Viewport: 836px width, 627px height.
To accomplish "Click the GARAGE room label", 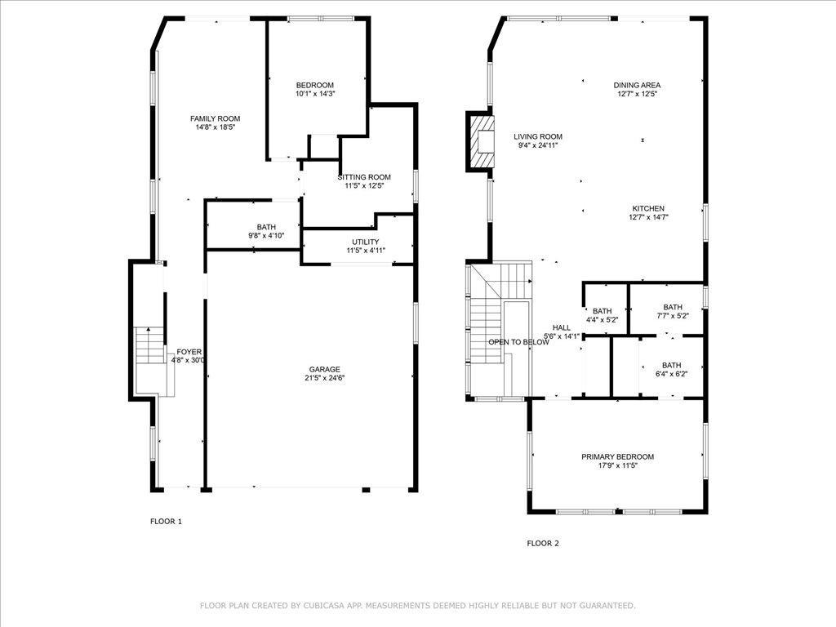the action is click(x=325, y=370).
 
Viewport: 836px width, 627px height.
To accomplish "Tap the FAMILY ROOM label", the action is click(x=216, y=118).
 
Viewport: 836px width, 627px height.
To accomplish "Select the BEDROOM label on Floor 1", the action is click(x=315, y=85).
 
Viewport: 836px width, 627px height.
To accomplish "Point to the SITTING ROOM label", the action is click(x=364, y=177).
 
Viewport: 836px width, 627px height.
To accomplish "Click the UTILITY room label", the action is click(x=366, y=242).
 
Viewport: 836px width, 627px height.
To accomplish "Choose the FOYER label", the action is click(x=189, y=352).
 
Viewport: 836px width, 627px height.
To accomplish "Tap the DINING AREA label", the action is click(x=637, y=85).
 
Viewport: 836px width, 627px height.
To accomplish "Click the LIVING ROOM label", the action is click(x=538, y=136).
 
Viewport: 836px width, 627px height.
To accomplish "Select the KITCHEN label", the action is click(x=648, y=208).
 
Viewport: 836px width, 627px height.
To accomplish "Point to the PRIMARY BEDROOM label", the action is click(x=617, y=456).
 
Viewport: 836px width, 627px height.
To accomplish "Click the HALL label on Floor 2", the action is click(x=562, y=328).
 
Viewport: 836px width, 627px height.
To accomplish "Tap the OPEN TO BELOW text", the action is click(x=518, y=342).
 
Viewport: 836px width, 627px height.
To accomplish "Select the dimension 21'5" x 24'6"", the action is click(x=325, y=378).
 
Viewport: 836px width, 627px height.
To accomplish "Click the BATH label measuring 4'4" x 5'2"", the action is click(x=602, y=311).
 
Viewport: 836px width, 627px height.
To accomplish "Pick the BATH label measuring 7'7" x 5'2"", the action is click(x=673, y=307).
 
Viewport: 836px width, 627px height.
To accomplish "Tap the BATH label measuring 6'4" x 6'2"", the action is click(x=671, y=365).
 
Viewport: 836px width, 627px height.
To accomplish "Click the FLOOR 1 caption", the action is click(x=166, y=522).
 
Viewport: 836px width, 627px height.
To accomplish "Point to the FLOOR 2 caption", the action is click(x=543, y=543).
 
